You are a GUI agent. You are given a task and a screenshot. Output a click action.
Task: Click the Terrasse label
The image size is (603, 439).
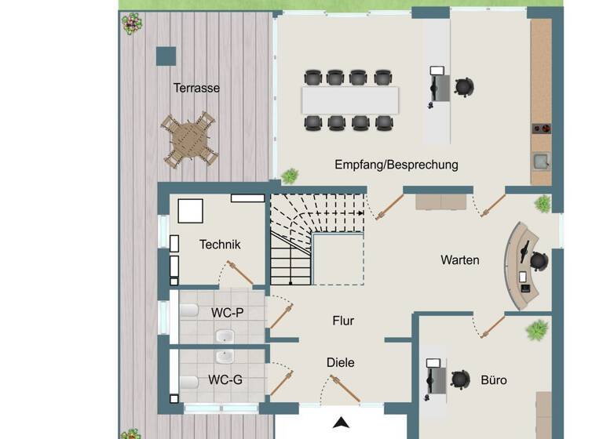[x=196, y=88]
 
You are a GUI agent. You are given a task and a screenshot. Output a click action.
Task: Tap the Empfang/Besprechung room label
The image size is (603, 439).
[x=396, y=165]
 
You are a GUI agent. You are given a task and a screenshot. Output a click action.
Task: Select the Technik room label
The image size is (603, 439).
[x=220, y=245]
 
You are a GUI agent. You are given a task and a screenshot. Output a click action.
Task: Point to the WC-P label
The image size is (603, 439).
[x=227, y=312]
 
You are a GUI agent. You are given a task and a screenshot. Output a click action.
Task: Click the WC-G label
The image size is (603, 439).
[x=225, y=380]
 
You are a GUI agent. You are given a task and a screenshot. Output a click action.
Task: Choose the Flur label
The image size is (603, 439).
[x=343, y=321]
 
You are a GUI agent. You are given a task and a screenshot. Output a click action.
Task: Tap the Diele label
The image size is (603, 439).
[x=341, y=362]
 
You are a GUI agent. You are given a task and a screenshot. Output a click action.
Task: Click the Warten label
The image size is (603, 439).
[x=459, y=259]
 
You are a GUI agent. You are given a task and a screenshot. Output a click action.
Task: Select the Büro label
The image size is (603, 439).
[x=494, y=380]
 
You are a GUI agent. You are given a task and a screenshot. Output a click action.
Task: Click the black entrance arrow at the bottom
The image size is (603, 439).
[x=340, y=423]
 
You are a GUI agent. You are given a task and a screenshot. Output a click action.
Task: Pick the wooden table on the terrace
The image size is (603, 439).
[x=188, y=138]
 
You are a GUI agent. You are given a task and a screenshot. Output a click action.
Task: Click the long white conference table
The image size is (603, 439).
[x=350, y=100]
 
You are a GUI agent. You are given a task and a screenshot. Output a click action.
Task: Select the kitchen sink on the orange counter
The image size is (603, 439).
[x=541, y=163]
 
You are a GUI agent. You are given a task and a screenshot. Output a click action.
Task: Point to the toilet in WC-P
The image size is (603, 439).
[x=189, y=311]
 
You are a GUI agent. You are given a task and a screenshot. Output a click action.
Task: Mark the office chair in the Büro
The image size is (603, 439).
[x=461, y=380]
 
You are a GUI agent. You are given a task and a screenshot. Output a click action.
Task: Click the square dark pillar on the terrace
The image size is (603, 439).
[x=166, y=56]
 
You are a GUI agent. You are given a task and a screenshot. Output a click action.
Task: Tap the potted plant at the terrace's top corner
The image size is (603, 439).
[x=131, y=24]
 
